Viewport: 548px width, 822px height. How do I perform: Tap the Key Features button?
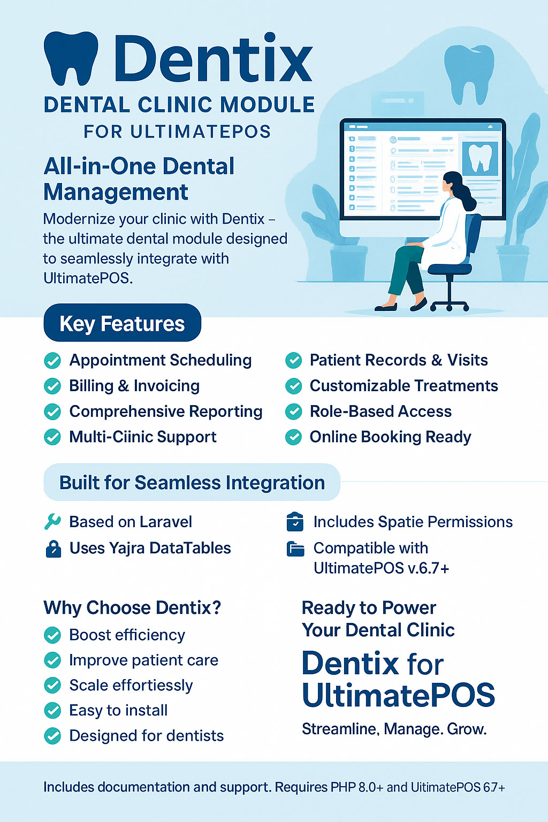pyautogui.click(x=122, y=323)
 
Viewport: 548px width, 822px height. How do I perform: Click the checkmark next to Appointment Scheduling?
pyautogui.click(x=52, y=361)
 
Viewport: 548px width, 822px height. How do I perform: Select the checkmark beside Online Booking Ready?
pyautogui.click(x=293, y=437)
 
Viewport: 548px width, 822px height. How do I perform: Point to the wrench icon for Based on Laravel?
pyautogui.click(x=52, y=522)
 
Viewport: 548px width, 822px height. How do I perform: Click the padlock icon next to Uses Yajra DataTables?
pyautogui.click(x=53, y=549)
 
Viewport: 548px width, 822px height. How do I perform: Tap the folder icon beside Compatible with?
pyautogui.click(x=295, y=549)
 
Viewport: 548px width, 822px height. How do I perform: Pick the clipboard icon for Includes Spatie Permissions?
pyautogui.click(x=295, y=522)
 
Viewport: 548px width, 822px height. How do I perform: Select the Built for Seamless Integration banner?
pyautogui.click(x=192, y=483)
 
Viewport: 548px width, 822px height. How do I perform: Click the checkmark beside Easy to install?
pyautogui.click(x=52, y=711)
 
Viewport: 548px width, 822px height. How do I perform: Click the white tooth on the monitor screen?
pyautogui.click(x=480, y=158)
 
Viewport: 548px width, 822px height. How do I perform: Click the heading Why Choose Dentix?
pyautogui.click(x=132, y=608)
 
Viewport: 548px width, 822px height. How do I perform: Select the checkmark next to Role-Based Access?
pyautogui.click(x=293, y=412)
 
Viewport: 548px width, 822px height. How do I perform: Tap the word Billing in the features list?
pyautogui.click(x=91, y=386)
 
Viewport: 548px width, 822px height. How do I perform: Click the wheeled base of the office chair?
pyautogui.click(x=450, y=306)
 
